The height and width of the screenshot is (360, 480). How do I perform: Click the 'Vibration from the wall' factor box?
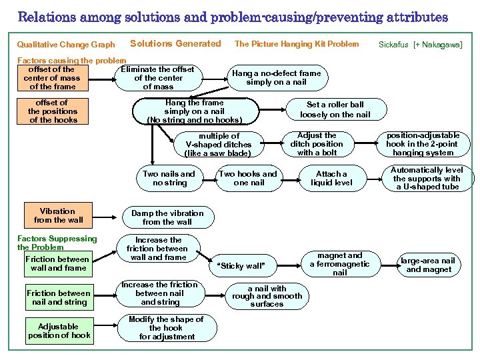pos(58,215)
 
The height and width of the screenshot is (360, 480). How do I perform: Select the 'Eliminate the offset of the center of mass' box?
pos(158,77)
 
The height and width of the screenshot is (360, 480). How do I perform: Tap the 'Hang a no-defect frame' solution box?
pos(276,77)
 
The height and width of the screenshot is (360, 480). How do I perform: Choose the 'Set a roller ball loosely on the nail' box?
pos(335,109)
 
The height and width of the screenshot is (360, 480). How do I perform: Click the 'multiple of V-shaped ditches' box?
pos(218,144)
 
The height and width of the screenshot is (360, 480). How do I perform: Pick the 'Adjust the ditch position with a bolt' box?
pos(317,144)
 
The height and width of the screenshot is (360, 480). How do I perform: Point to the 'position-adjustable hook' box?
pos(423,144)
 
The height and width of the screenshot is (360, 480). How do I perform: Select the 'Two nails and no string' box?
pos(169,178)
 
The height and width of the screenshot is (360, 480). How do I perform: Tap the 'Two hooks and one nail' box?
pos(249,178)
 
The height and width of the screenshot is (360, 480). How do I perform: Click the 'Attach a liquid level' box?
pos(331,178)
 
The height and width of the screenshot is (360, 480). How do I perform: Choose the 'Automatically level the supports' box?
pos(427,178)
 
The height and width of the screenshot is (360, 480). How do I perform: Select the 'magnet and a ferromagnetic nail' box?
pos(340,264)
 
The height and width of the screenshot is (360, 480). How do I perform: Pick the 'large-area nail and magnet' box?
pos(429,265)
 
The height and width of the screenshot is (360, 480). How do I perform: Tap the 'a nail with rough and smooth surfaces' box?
pos(267,296)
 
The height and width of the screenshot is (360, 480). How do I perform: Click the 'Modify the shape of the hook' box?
pos(166,327)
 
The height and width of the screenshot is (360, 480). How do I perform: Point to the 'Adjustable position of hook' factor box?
pos(59,331)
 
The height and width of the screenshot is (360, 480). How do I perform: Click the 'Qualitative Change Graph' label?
pos(65,45)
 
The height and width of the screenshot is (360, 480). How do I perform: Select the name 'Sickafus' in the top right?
pos(393,45)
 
